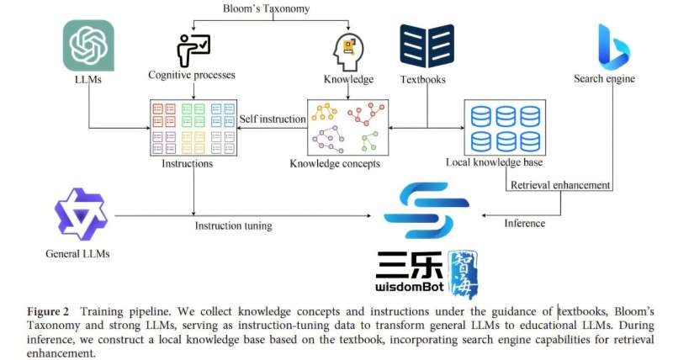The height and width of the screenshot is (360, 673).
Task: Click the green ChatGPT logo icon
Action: point(89,45)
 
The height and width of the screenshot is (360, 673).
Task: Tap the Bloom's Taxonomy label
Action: point(267,8)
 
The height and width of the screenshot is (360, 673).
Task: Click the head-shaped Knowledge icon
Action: point(348,50)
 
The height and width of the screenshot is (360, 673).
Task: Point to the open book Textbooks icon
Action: point(427,45)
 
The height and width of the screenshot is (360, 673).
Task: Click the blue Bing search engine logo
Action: point(613,45)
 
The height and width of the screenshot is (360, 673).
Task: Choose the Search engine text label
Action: point(604,79)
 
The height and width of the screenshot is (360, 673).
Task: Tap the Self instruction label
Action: point(272,119)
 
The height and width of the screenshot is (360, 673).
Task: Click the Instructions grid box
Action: point(193,127)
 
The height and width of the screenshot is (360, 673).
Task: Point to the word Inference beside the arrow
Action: point(524,223)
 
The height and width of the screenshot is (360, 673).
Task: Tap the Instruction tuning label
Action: point(233,226)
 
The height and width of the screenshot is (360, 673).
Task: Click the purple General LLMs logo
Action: point(81,214)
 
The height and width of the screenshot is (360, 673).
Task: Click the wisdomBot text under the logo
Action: point(413,287)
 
